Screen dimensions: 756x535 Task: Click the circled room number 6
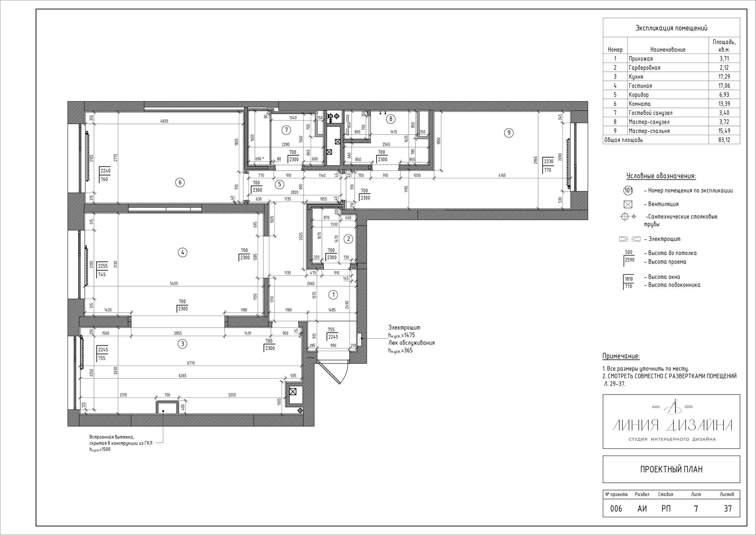(180, 182)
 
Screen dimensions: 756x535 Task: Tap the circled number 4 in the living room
(183, 252)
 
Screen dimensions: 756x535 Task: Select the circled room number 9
(509, 133)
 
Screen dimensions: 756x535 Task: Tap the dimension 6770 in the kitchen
(191, 363)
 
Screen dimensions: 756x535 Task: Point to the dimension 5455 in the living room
(174, 283)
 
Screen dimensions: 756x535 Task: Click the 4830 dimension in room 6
(164, 121)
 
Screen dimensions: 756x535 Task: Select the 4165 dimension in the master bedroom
(502, 175)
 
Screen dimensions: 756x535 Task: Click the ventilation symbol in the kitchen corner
(293, 392)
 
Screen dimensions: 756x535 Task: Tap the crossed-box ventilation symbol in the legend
(628, 204)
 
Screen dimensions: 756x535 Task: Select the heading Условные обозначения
(661, 176)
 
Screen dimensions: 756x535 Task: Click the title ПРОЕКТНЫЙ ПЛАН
(671, 469)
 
